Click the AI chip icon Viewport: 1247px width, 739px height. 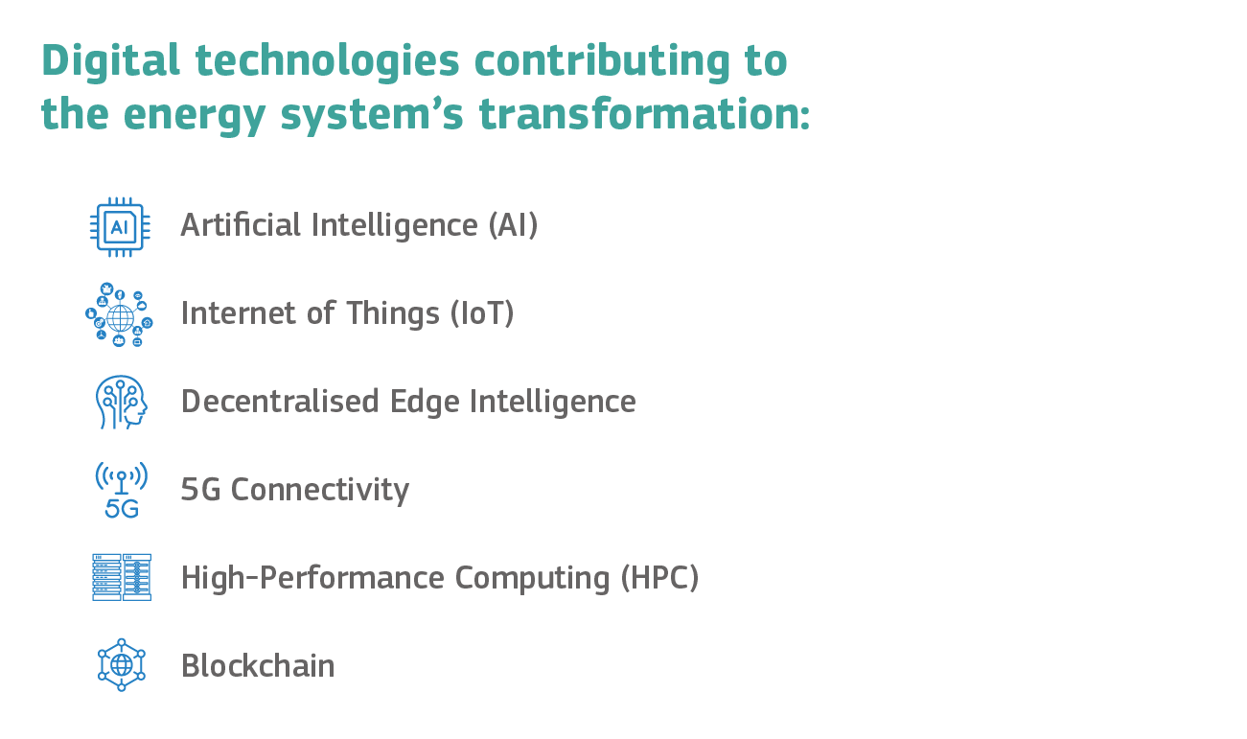pyautogui.click(x=120, y=227)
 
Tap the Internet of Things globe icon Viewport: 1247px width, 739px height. pyautogui.click(x=119, y=314)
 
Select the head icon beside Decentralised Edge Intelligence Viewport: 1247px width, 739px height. pyautogui.click(x=122, y=402)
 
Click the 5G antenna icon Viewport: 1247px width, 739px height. pyautogui.click(x=122, y=490)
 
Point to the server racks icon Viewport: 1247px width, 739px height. pyautogui.click(x=122, y=578)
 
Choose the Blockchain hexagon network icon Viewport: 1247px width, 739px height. pyautogui.click(x=122, y=665)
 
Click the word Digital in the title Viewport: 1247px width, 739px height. pyautogui.click(x=111, y=60)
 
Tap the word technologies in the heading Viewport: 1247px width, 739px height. pyautogui.click(x=328, y=61)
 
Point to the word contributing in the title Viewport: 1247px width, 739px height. pyautogui.click(x=602, y=61)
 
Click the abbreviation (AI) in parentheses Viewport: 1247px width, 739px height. pyautogui.click(x=514, y=225)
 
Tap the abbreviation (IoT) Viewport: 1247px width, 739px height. pyautogui.click(x=482, y=313)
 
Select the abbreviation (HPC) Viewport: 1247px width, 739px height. pyautogui.click(x=660, y=578)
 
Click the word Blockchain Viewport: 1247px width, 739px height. pyautogui.click(x=258, y=665)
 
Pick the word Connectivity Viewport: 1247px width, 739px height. pyautogui.click(x=320, y=491)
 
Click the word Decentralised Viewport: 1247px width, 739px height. pyautogui.click(x=280, y=402)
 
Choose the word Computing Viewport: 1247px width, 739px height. pyautogui.click(x=532, y=579)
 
